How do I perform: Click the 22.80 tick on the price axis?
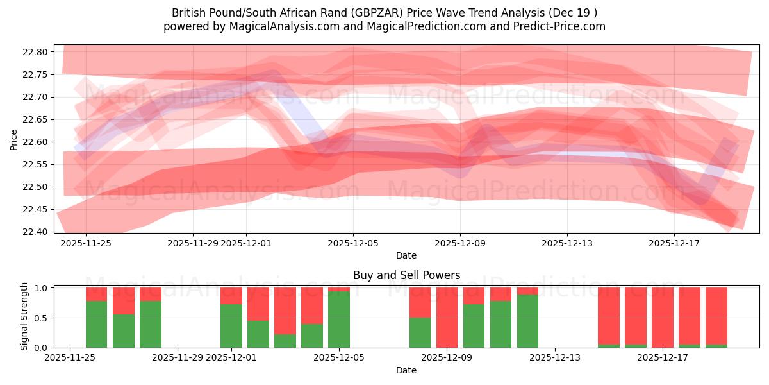38,52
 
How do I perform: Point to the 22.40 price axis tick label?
38,232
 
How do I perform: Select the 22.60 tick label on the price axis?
38,142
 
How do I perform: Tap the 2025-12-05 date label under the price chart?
352,243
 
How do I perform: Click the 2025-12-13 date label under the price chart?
566,243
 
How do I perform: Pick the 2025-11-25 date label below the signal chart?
70,358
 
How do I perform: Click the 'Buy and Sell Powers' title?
406,275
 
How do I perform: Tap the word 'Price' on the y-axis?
14,139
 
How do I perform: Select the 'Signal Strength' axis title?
24,316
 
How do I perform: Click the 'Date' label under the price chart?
406,255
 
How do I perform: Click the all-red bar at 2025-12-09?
447,318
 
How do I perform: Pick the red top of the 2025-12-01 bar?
231,295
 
